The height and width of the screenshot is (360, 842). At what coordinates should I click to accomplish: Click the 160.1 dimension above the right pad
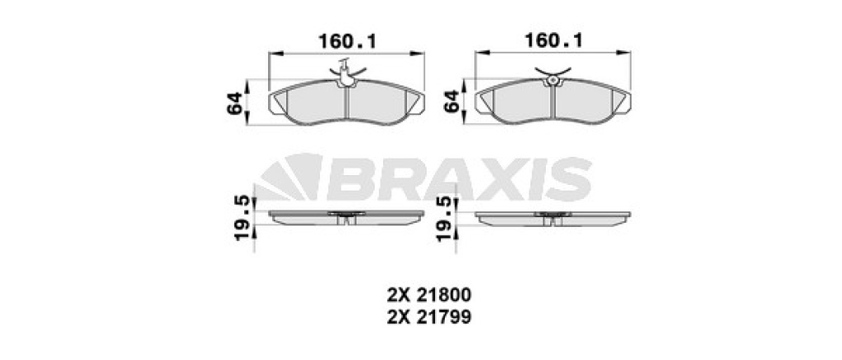(x=553, y=41)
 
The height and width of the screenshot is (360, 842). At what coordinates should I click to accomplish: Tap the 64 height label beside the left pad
(x=235, y=103)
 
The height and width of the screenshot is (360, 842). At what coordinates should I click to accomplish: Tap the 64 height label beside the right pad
(x=452, y=101)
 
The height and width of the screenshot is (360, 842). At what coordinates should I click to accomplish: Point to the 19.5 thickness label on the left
(x=243, y=218)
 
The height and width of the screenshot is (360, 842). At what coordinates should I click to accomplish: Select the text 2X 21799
(x=429, y=317)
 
